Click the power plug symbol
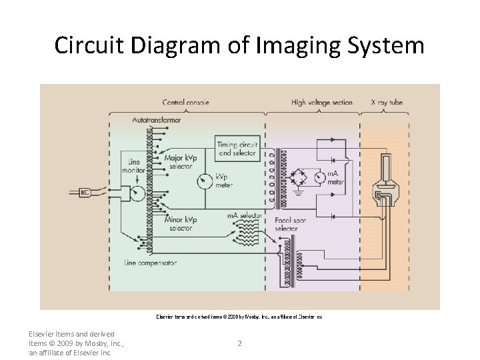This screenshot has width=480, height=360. (x=86, y=193)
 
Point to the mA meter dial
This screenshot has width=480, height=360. (x=321, y=177)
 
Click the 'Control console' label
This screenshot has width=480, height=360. (x=185, y=103)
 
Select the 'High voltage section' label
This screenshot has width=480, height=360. (x=322, y=103)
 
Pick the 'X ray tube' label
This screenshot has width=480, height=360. (x=387, y=103)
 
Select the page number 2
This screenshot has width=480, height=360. (x=239, y=343)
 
